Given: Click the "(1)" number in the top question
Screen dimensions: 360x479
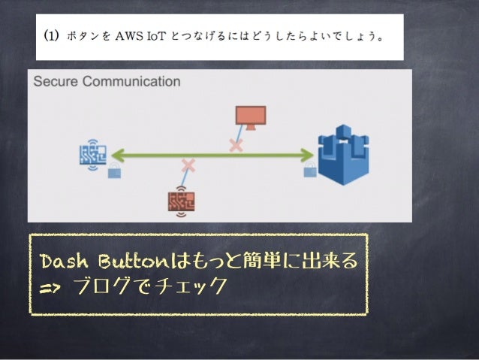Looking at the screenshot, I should pyautogui.click(x=51, y=36).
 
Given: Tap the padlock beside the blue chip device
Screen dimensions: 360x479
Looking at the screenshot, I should pyautogui.click(x=114, y=172).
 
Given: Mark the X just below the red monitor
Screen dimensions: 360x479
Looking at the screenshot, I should pyautogui.click(x=236, y=144).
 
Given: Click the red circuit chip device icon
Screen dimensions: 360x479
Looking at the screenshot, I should pyautogui.click(x=181, y=201).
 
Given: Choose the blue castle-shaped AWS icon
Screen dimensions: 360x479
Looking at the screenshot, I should pyautogui.click(x=342, y=155).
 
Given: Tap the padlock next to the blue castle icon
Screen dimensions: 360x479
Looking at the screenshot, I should pyautogui.click(x=309, y=172).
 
